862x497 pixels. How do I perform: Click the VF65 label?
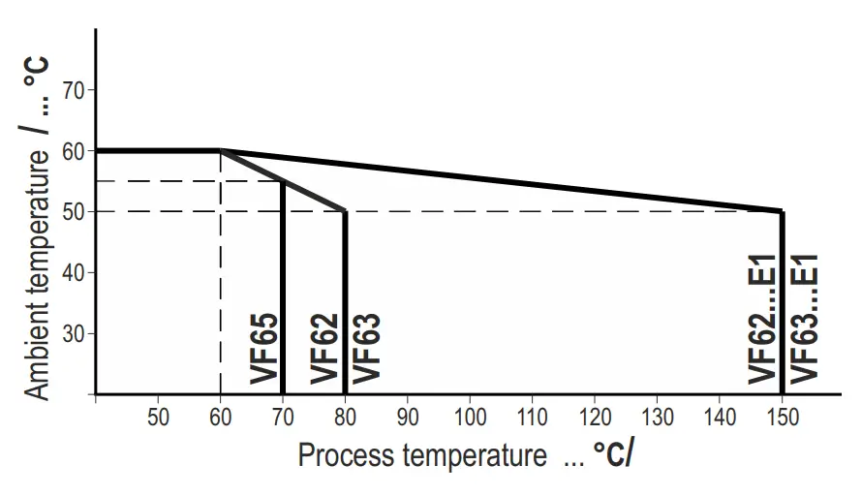(x=264, y=349)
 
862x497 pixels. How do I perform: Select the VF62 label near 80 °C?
(x=325, y=349)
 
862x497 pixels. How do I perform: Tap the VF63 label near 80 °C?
(x=366, y=349)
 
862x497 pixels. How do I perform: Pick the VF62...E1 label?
(x=763, y=316)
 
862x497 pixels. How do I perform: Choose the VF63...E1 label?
(x=805, y=316)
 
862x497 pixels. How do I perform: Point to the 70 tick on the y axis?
(x=74, y=90)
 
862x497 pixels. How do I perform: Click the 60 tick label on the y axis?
(x=74, y=151)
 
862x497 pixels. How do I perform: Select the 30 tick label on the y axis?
(x=74, y=333)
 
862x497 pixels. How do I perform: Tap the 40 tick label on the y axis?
(x=74, y=272)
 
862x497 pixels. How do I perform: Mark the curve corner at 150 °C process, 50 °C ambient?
(x=782, y=211)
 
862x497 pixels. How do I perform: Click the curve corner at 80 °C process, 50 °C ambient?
(x=345, y=211)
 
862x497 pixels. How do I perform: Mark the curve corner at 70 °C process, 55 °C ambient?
(x=283, y=181)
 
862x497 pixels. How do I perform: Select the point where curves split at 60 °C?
(x=221, y=150)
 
